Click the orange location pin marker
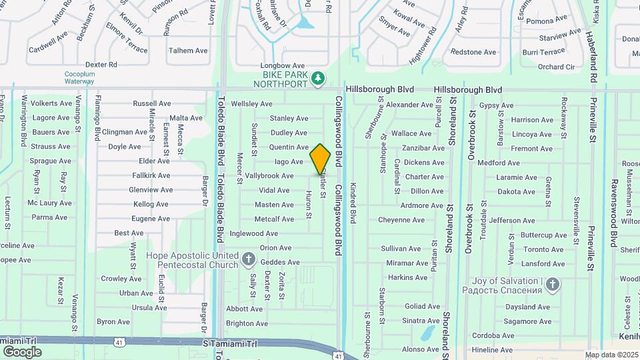[x=321, y=159]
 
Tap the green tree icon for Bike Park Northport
[x=319, y=79]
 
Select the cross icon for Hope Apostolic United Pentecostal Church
[x=249, y=259]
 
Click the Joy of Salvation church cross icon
[x=552, y=285]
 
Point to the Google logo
[x=21, y=352]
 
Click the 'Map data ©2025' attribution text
[x=611, y=355]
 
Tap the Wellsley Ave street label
[x=251, y=104]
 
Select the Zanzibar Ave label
[x=423, y=148]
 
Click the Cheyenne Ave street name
[x=401, y=220]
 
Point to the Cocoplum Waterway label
[x=79, y=77]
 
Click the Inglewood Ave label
[x=253, y=233]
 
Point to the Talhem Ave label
[x=189, y=51]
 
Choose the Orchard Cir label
[x=556, y=67]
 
